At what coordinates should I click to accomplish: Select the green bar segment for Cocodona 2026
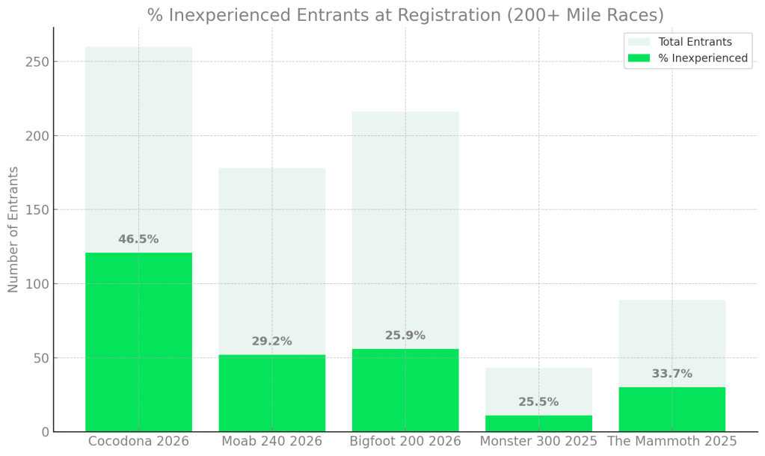pos(138,342)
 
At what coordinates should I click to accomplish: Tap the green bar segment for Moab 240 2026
pos(271,392)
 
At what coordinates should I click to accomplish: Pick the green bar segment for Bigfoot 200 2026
pos(405,389)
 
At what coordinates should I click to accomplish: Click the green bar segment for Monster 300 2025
pos(538,423)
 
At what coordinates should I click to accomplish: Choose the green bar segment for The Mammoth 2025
pos(672,409)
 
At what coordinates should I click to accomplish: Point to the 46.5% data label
pos(138,239)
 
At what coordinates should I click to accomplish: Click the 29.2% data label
pos(271,341)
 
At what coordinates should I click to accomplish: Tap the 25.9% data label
pos(405,335)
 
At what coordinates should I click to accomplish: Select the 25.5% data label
pos(538,401)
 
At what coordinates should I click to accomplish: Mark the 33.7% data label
pos(672,374)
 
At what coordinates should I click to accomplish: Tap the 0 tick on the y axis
pos(45,431)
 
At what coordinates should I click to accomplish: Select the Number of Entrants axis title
pos(13,229)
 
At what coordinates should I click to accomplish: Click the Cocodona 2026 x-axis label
pos(138,441)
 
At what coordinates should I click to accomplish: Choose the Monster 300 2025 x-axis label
pos(538,441)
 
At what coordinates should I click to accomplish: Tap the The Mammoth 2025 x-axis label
pos(672,441)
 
